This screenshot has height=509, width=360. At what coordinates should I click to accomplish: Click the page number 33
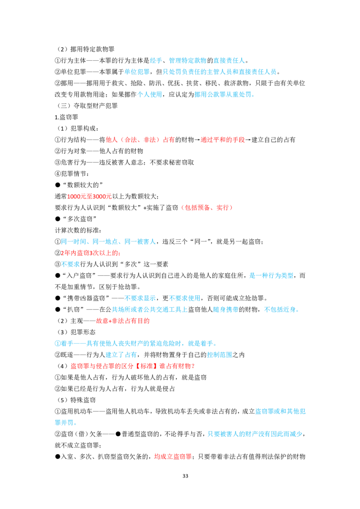pos(185,476)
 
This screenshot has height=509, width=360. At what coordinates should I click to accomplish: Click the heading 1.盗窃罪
pos(66,117)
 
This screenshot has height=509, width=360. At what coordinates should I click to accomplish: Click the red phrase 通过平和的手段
pos(223,139)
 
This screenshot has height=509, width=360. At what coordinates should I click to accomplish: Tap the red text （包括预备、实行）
pos(207,207)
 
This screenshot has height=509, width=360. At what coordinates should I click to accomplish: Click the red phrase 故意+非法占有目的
pos(123,321)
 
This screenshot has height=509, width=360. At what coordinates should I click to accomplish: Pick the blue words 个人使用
pos(150,94)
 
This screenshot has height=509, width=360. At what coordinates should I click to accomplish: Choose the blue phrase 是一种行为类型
pos(271,276)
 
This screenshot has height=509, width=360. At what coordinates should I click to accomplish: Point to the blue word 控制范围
pos(220,354)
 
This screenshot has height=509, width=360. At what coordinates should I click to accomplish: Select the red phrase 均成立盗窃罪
pos(173,456)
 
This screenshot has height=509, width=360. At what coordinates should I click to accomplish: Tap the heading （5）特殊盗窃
pos(76,400)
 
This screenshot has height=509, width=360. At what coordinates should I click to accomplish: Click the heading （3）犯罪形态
pos(76,332)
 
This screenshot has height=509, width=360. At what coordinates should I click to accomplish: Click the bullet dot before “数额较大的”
pos(58,185)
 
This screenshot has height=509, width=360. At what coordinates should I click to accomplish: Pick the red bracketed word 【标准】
pos(146,366)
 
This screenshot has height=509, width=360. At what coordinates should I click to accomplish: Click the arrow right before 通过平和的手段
pos(197,140)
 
